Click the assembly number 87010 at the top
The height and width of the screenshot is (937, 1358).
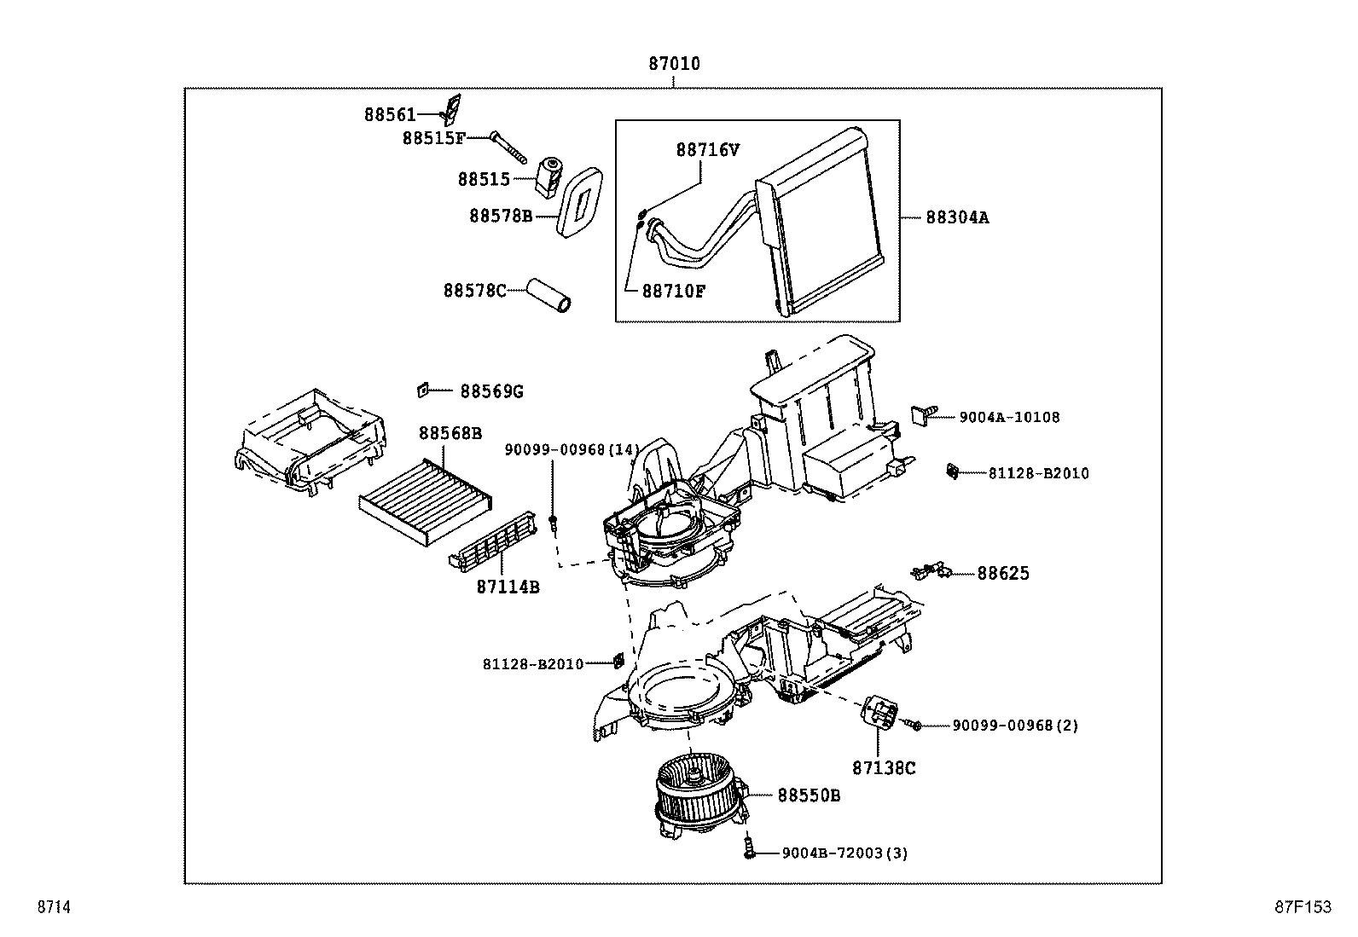coord(674,64)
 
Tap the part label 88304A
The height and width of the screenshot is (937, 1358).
coord(957,217)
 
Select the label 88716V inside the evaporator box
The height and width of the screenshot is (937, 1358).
coord(707,150)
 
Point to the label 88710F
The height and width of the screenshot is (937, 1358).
coord(673,291)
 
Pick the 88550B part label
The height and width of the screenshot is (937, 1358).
coord(808,795)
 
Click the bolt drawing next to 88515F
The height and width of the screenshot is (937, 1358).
coord(510,148)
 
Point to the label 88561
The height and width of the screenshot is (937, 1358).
coord(390,114)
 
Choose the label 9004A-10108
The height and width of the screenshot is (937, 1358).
coord(1009,417)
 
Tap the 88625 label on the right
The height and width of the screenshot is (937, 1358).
coord(1003,573)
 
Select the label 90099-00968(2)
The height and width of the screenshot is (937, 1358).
coord(1015,726)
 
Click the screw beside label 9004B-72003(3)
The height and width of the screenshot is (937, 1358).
coord(749,847)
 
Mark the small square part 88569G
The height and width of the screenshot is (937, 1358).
coord(421,390)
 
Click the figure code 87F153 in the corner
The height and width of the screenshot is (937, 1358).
coord(1303,908)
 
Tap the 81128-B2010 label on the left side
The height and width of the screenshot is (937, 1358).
coord(532,663)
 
